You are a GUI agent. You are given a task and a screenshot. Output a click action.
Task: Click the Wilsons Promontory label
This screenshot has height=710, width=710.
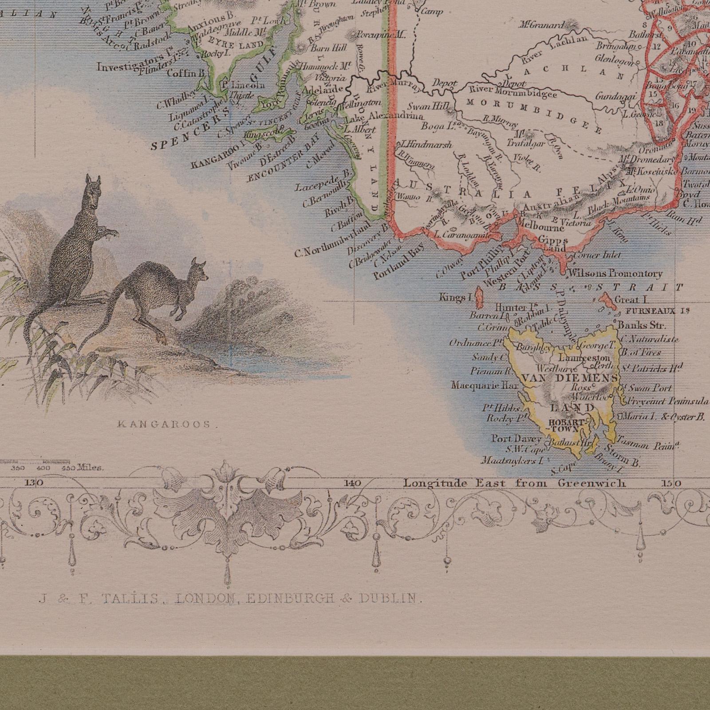click(615, 274)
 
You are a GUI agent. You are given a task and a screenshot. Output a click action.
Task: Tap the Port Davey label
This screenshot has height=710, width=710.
click(516, 439)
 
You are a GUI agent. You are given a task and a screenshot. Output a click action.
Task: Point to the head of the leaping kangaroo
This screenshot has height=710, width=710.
click(198, 272)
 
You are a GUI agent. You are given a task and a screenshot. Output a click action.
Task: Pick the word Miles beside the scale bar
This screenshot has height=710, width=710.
click(91, 467)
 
